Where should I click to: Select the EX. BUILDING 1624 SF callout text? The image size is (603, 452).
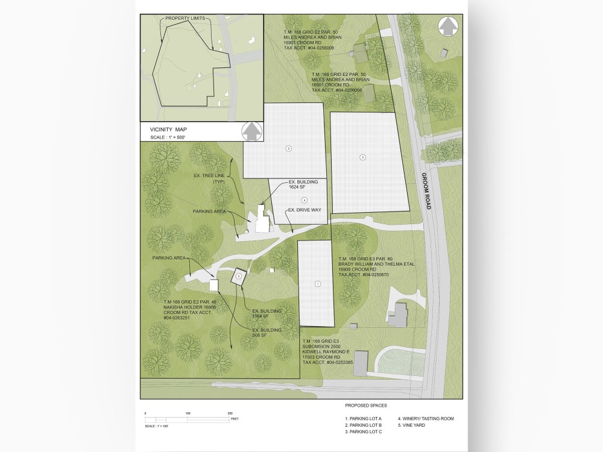click(300, 184)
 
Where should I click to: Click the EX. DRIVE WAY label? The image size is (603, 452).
click(305, 210)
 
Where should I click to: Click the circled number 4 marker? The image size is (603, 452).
click(305, 200)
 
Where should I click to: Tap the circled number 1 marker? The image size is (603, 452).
click(317, 283)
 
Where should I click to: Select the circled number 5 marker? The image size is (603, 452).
click(239, 276)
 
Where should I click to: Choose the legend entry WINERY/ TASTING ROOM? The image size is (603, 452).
click(426, 418)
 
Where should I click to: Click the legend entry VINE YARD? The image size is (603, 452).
click(413, 425)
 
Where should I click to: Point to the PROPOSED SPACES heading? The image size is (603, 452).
click(366, 406)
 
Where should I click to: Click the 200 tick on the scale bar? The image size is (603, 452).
click(230, 413)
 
